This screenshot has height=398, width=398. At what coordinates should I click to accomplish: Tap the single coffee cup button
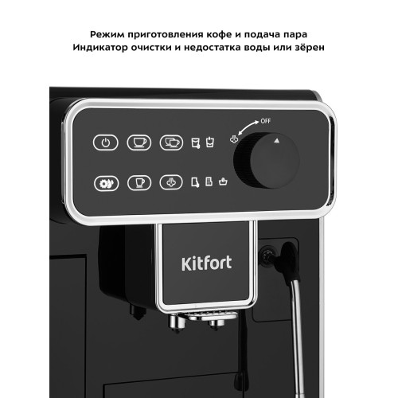pyautogui.click(x=139, y=143)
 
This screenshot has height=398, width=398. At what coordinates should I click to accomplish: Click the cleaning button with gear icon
pyautogui.click(x=106, y=181)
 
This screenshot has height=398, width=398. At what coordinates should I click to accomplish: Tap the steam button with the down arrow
pyautogui.click(x=170, y=181)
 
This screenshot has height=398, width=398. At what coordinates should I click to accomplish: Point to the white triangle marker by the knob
pyautogui.click(x=277, y=139)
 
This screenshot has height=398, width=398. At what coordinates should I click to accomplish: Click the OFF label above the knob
pyautogui.click(x=265, y=121)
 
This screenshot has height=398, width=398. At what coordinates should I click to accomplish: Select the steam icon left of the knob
pyautogui.click(x=234, y=135)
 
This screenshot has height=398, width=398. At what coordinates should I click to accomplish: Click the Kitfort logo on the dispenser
pyautogui.click(x=205, y=261)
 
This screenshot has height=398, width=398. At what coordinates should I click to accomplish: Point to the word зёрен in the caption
pyautogui.click(x=308, y=49)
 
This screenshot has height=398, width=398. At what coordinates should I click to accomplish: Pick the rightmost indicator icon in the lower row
pyautogui.click(x=223, y=181)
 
